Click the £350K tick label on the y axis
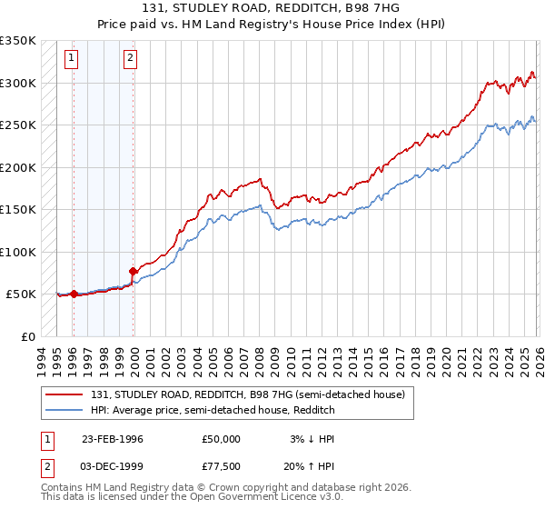17,41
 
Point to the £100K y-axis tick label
17,252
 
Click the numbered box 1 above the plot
72,59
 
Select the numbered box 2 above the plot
131,59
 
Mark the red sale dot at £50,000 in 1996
74,294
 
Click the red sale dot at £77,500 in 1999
133,271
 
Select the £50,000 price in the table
222,438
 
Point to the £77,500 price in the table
222,467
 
